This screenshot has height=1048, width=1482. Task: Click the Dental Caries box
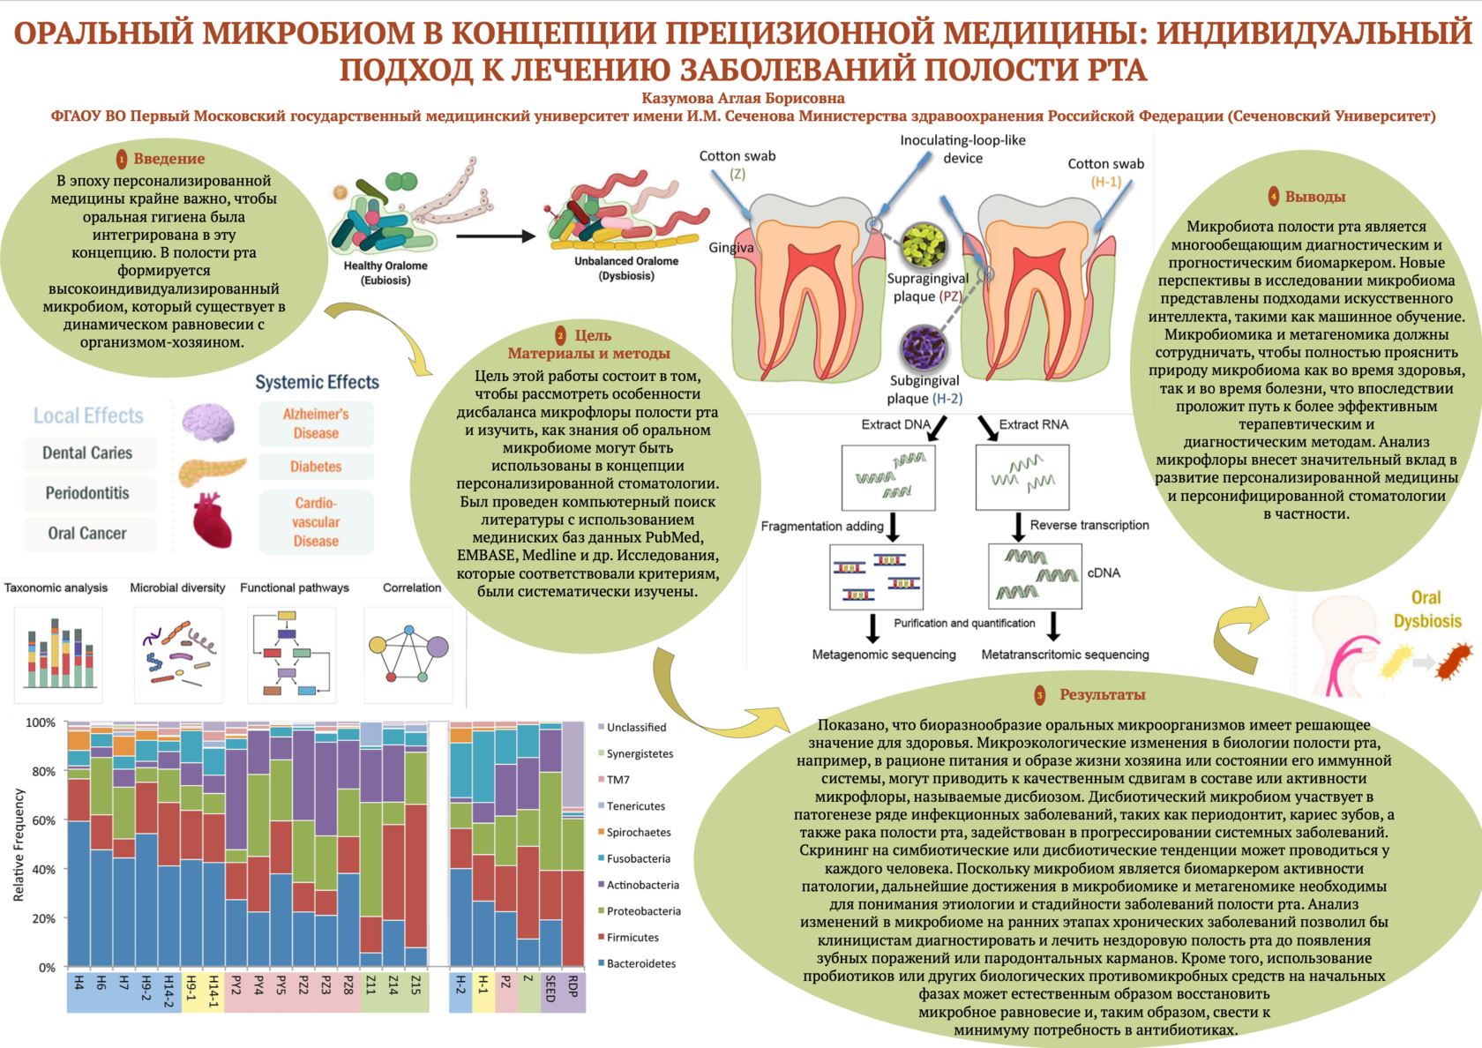pyautogui.click(x=87, y=453)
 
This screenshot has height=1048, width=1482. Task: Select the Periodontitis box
pyautogui.click(x=87, y=493)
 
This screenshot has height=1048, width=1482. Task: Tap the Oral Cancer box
pyautogui.click(x=87, y=533)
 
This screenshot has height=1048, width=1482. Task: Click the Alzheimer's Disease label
pyautogui.click(x=316, y=423)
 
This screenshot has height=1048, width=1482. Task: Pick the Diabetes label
pyautogui.click(x=316, y=467)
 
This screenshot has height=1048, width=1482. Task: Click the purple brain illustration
pyautogui.click(x=208, y=422)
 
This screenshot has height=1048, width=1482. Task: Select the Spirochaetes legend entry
pyautogui.click(x=639, y=832)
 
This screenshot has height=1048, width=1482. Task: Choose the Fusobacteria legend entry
pyautogui.click(x=638, y=858)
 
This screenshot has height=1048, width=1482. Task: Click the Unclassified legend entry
pyautogui.click(x=636, y=727)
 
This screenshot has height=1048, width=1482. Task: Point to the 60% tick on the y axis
pyautogui.click(x=41, y=820)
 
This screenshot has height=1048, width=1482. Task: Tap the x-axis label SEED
pyautogui.click(x=550, y=988)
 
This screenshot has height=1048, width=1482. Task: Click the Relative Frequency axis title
pyautogui.click(x=19, y=844)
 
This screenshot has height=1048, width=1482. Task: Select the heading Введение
pyautogui.click(x=168, y=159)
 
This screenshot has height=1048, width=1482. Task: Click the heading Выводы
pyautogui.click(x=1314, y=197)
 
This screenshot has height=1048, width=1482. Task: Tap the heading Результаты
pyautogui.click(x=1102, y=695)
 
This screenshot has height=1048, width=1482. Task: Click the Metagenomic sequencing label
pyautogui.click(x=884, y=655)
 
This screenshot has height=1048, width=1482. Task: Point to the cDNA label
pyautogui.click(x=1104, y=573)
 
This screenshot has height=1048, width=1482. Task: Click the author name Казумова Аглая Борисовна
pyautogui.click(x=743, y=98)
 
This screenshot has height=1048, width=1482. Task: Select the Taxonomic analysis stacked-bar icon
pyautogui.click(x=59, y=654)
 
